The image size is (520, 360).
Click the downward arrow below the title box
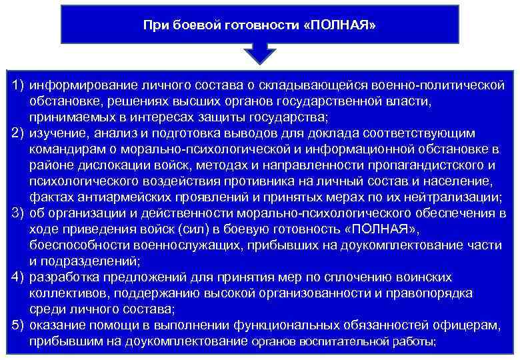click(x=261, y=53)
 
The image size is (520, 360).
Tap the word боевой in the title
click(x=194, y=26)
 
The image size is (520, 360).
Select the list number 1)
click(x=18, y=86)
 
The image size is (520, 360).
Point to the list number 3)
click(x=18, y=213)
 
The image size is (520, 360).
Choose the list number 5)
click(x=18, y=325)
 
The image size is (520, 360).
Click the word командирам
click(x=65, y=149)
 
